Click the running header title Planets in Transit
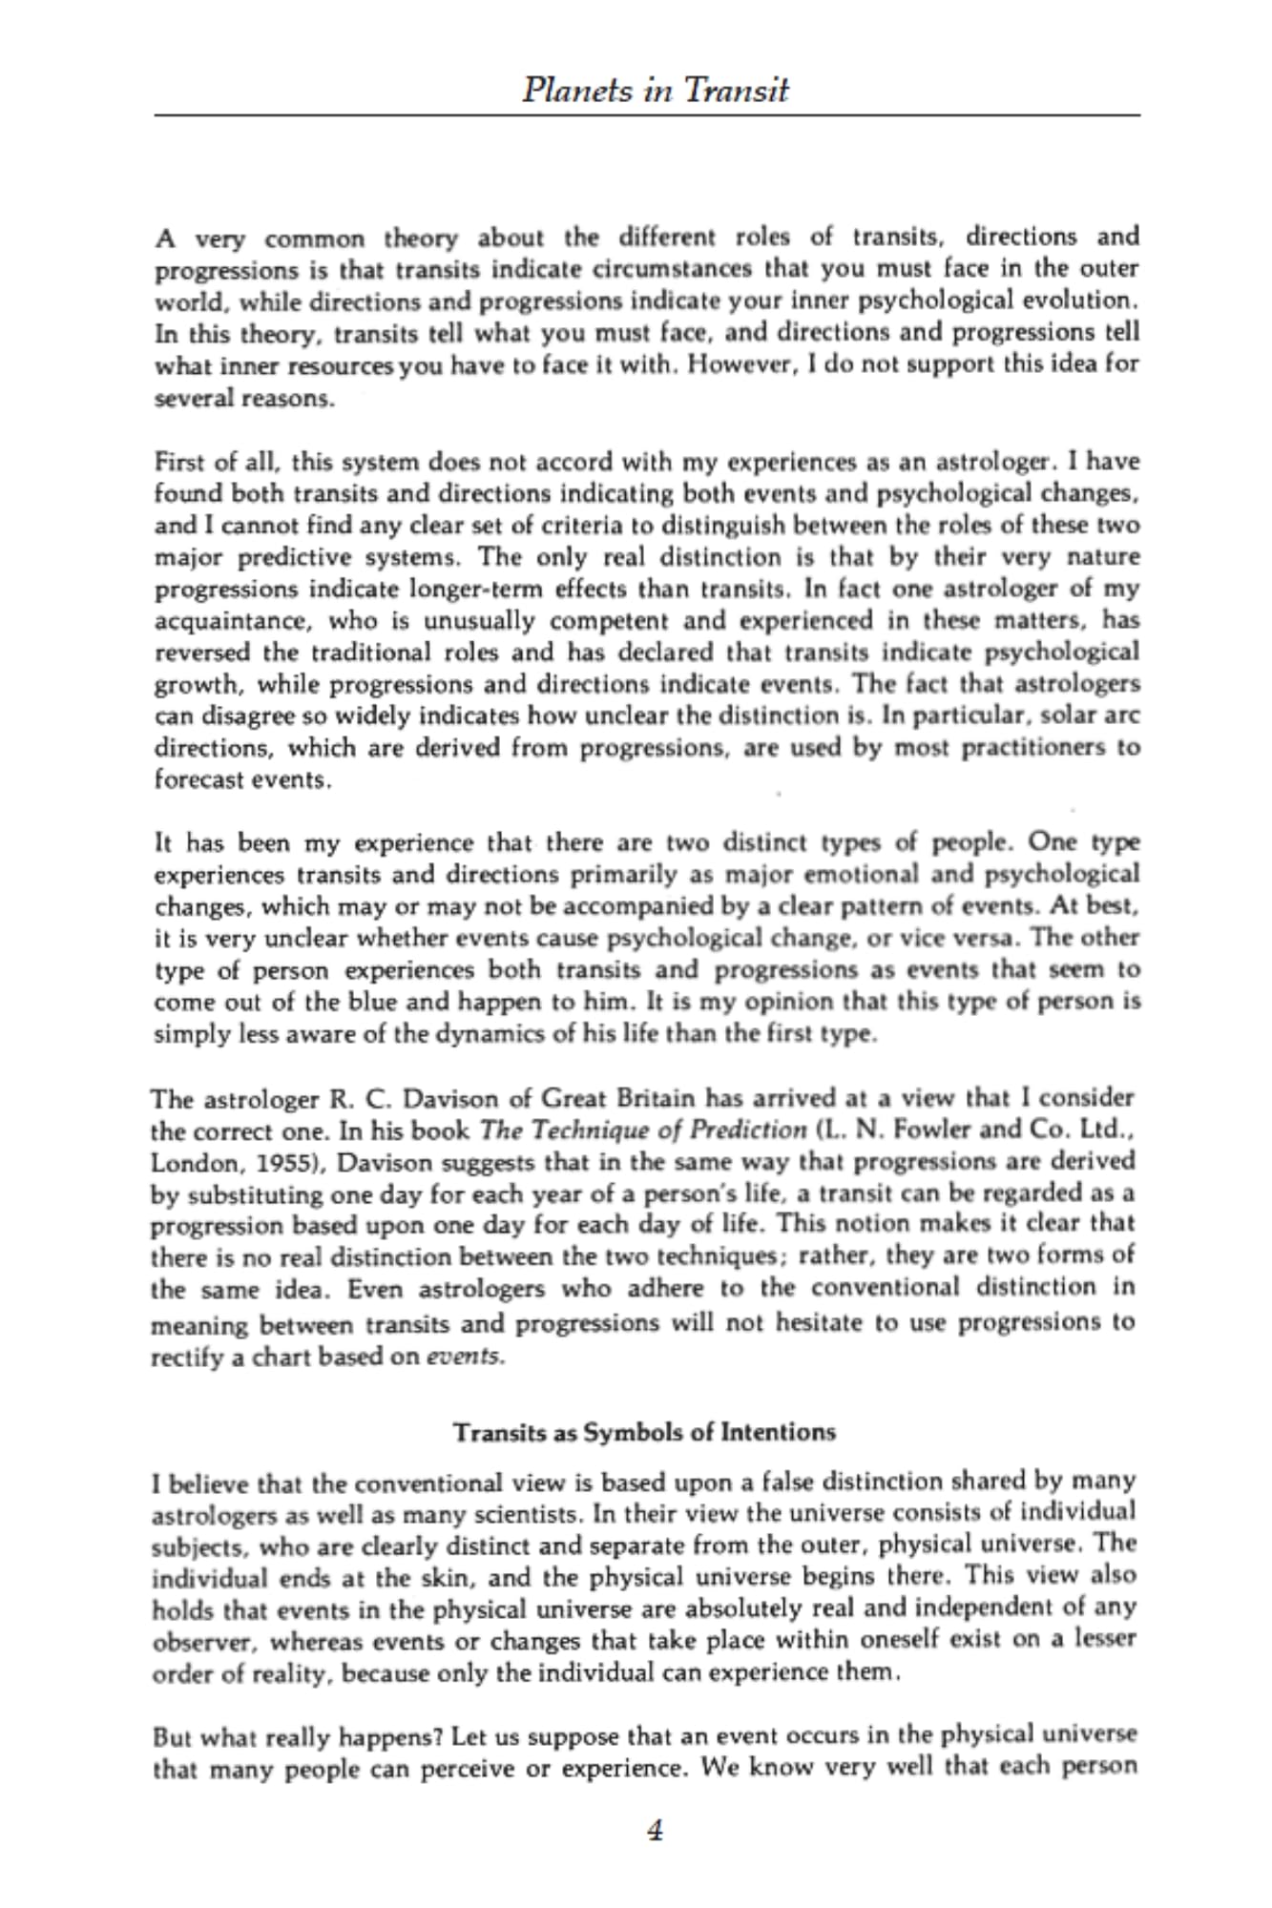pos(656,91)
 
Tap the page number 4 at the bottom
pos(655,1830)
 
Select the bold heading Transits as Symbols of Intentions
pos(644,1432)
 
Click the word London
pos(188,1164)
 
